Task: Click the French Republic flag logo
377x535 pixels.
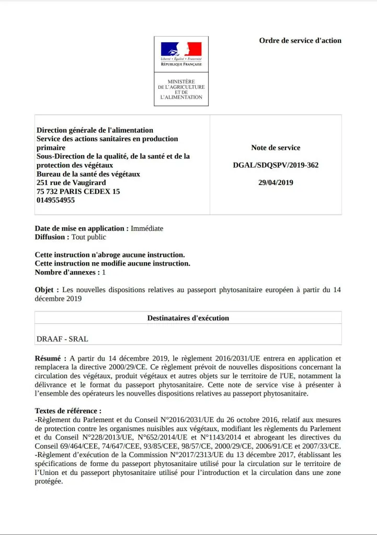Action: tap(181, 49)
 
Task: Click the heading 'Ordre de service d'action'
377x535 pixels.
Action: tap(300, 40)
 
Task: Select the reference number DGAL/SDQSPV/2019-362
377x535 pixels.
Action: tap(276, 165)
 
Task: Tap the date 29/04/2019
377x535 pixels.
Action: tap(276, 182)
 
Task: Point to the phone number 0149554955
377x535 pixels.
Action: tap(55, 200)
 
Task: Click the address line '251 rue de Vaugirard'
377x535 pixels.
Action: tap(71, 182)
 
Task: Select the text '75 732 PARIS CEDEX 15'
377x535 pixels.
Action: tap(78, 191)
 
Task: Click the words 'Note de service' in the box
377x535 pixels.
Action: tap(276, 148)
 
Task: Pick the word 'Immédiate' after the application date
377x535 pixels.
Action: tap(147, 228)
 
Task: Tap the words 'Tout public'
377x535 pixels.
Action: tap(89, 237)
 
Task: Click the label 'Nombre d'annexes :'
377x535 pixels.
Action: tap(67, 272)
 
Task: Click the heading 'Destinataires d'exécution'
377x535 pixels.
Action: tap(188, 318)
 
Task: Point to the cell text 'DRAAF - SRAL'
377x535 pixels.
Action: tap(62, 339)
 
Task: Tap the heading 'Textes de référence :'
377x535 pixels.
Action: tap(68, 411)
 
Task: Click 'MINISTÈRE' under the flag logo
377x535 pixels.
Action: tap(181, 82)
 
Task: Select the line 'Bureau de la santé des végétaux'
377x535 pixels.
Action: tap(88, 174)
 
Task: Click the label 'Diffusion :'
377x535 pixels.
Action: tap(52, 237)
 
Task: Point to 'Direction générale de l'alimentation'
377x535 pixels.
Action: tap(95, 130)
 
